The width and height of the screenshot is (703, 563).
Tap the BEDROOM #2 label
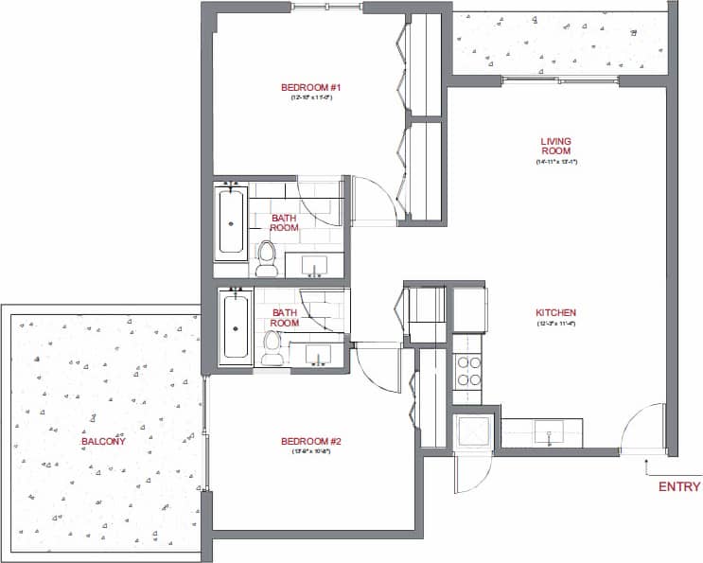pyautogui.click(x=309, y=441)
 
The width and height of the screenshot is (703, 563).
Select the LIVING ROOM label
pyautogui.click(x=555, y=146)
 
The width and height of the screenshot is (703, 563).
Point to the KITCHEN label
pyautogui.click(x=555, y=313)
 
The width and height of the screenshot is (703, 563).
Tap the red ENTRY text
pyautogui.click(x=679, y=487)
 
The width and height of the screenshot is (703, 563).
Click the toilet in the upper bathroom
pyautogui.click(x=267, y=258)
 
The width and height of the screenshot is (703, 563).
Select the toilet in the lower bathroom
pyautogui.click(x=273, y=347)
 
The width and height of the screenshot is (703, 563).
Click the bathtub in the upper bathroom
pyautogui.click(x=232, y=222)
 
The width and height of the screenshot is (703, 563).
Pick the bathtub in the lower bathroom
pyautogui.click(x=235, y=327)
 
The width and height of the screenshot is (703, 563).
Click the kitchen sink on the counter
pyautogui.click(x=548, y=434)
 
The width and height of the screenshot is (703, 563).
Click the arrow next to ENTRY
pyautogui.click(x=647, y=465)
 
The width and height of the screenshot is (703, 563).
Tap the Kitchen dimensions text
pyautogui.click(x=555, y=324)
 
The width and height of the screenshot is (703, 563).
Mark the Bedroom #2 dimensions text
pyautogui.click(x=309, y=451)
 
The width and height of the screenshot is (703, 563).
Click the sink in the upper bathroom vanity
pyautogui.click(x=314, y=263)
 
